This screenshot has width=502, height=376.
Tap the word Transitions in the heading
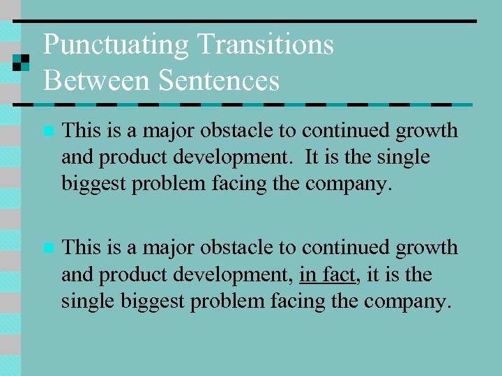(x=266, y=45)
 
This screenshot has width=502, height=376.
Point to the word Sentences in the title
(x=218, y=80)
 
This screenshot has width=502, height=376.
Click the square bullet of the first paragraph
(x=47, y=131)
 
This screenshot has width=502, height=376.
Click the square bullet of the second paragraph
(x=47, y=248)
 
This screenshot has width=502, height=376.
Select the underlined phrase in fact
(x=327, y=275)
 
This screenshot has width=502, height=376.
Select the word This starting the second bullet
(x=82, y=247)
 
